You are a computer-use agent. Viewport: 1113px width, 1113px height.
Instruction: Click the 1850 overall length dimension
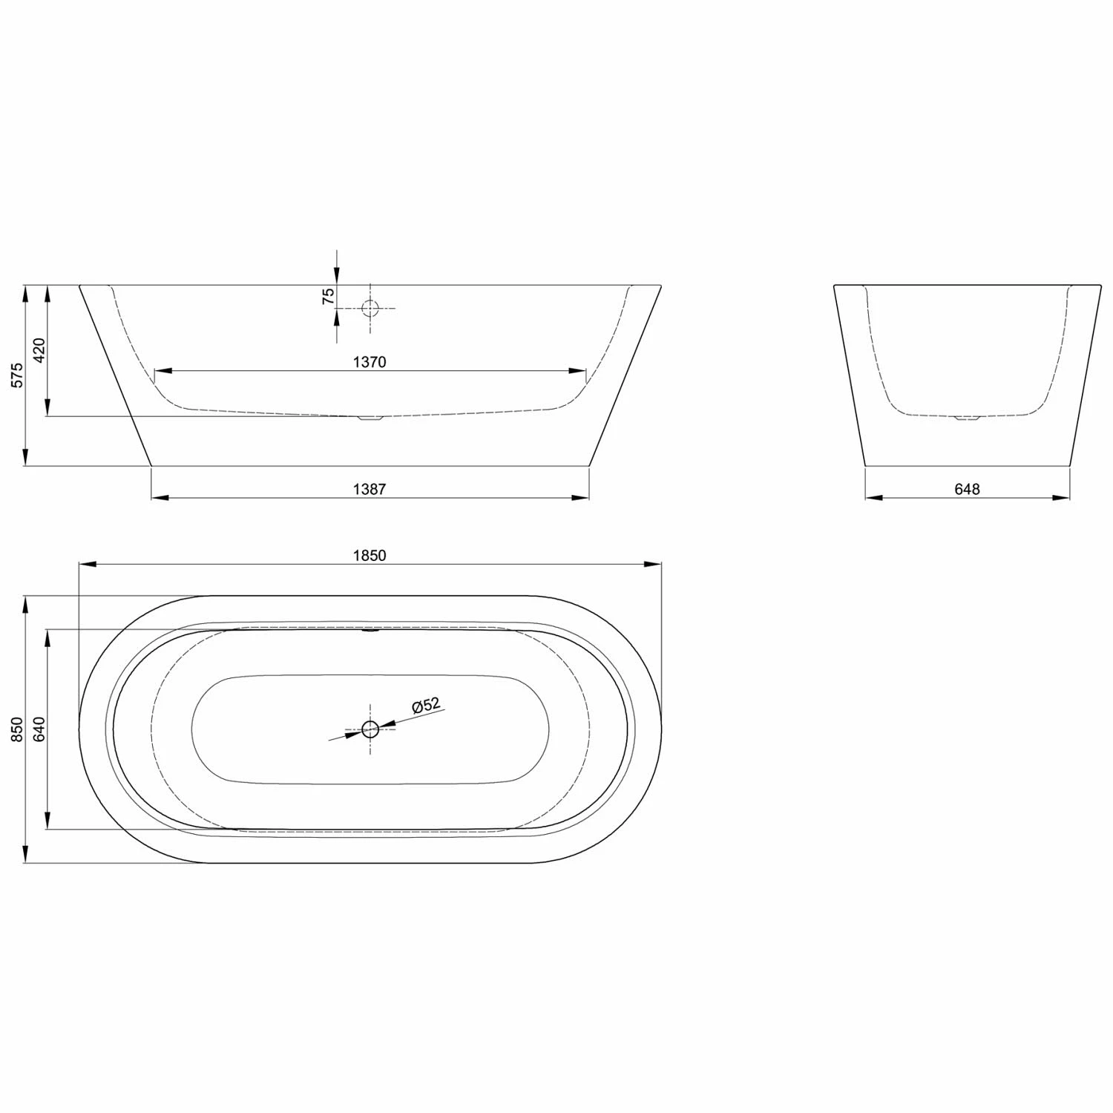(370, 556)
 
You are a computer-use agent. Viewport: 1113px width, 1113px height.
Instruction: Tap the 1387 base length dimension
(370, 489)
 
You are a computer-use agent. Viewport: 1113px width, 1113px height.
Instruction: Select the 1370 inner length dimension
(370, 362)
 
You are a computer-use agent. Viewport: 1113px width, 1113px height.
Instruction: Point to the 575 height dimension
(18, 375)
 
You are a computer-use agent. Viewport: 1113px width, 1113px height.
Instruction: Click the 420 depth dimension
(39, 350)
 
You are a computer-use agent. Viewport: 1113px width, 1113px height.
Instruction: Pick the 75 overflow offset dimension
(327, 297)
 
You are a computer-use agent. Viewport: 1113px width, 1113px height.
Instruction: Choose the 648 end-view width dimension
(967, 489)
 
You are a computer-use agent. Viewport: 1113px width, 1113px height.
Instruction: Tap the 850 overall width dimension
(18, 729)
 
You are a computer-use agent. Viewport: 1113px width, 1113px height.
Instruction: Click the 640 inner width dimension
(39, 729)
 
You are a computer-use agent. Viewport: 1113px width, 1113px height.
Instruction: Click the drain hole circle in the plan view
(370, 729)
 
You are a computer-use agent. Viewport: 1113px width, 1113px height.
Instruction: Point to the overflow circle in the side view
(370, 308)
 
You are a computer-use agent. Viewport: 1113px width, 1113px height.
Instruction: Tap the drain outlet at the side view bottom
(369, 418)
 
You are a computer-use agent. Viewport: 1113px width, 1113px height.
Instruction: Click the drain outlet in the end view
(967, 418)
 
